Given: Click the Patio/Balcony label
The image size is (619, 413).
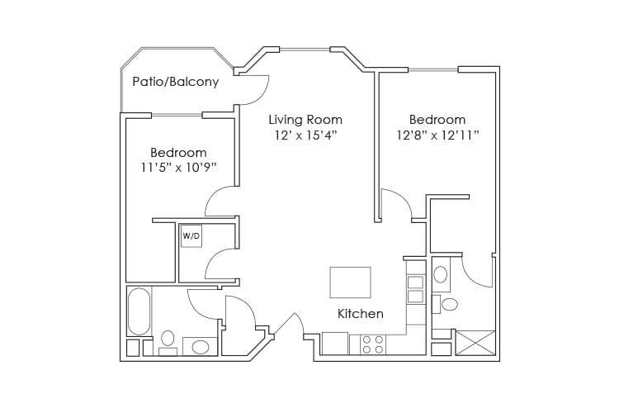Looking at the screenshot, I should (176, 82).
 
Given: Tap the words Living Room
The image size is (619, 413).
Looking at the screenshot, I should (305, 119).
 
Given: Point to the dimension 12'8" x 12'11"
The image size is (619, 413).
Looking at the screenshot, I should (437, 134).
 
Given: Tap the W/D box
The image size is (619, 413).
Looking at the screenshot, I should (191, 235).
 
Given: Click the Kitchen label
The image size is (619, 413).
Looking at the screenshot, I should (360, 314).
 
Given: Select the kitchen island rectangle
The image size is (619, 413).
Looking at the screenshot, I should (351, 282).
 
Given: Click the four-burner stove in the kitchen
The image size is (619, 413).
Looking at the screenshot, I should (372, 344).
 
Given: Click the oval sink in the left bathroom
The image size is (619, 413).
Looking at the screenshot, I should (200, 346).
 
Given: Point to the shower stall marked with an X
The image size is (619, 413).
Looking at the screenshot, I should (474, 342).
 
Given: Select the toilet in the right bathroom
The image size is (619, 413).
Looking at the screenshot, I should (448, 304).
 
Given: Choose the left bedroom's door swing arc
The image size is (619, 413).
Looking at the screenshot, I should (221, 199).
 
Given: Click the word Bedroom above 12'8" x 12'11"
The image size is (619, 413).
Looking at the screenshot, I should (437, 119).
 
